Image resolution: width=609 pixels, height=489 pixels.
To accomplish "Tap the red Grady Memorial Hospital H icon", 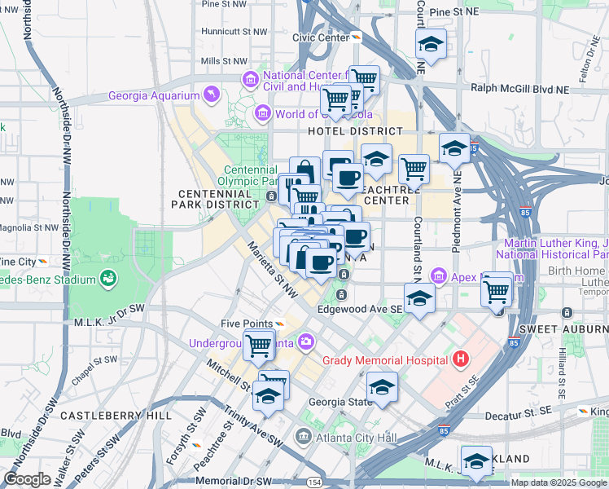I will coord(461,359).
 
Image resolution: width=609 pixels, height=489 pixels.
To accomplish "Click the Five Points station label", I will coord(246,324).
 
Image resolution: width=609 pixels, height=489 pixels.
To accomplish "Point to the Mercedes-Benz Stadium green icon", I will coord(107,280).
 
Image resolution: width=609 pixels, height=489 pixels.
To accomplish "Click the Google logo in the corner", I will coord(27,479).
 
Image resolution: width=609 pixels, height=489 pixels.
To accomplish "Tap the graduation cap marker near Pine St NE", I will coord(431,46).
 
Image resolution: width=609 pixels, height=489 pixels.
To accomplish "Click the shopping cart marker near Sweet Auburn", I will coord(496,290).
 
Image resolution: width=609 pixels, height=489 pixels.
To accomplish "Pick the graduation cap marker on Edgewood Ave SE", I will coord(419,299).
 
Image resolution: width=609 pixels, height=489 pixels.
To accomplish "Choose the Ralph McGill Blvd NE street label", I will coord(517,88).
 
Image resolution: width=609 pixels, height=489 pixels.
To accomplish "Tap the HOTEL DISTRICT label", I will coord(354,130).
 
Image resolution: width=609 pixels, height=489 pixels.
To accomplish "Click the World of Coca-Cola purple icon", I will coord(263,113).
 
